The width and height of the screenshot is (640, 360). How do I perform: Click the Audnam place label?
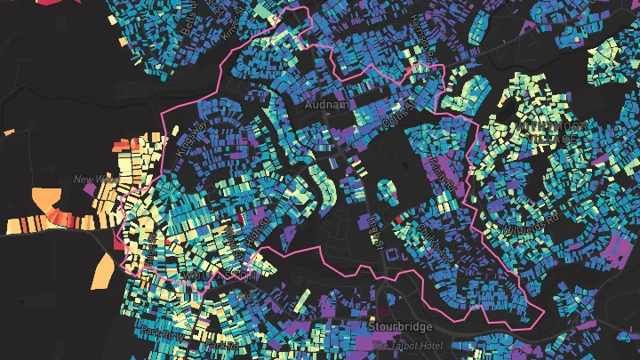click(321, 104)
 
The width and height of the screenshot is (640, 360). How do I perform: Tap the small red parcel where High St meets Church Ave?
click(397, 218)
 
